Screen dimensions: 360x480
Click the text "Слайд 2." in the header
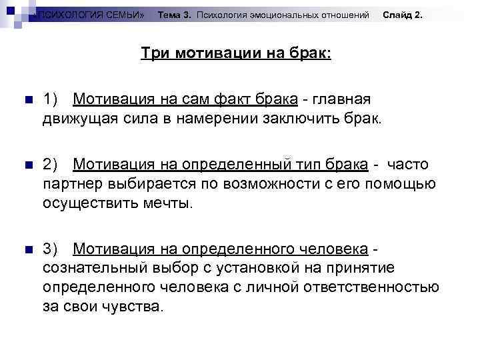403,14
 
